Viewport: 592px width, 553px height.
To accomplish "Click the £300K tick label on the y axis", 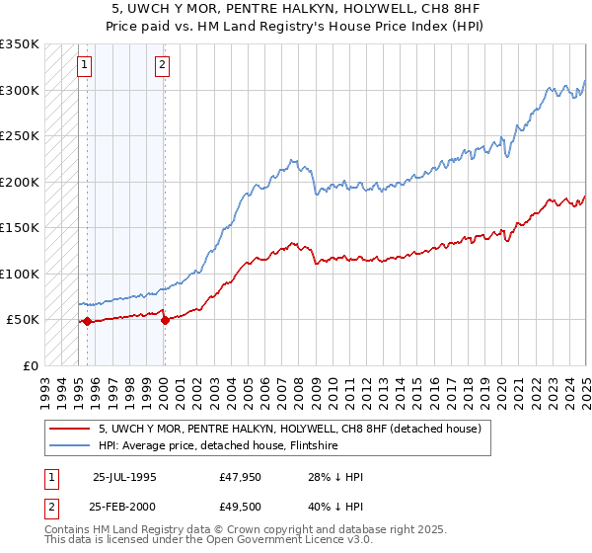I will tap(20, 90).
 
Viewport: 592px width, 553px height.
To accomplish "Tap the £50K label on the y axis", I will tap(24, 320).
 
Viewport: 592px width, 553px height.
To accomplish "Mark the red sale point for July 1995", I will tap(88, 321).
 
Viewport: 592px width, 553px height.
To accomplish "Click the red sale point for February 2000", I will tap(165, 320).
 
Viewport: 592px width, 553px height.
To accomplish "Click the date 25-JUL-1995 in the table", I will tap(124, 477).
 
